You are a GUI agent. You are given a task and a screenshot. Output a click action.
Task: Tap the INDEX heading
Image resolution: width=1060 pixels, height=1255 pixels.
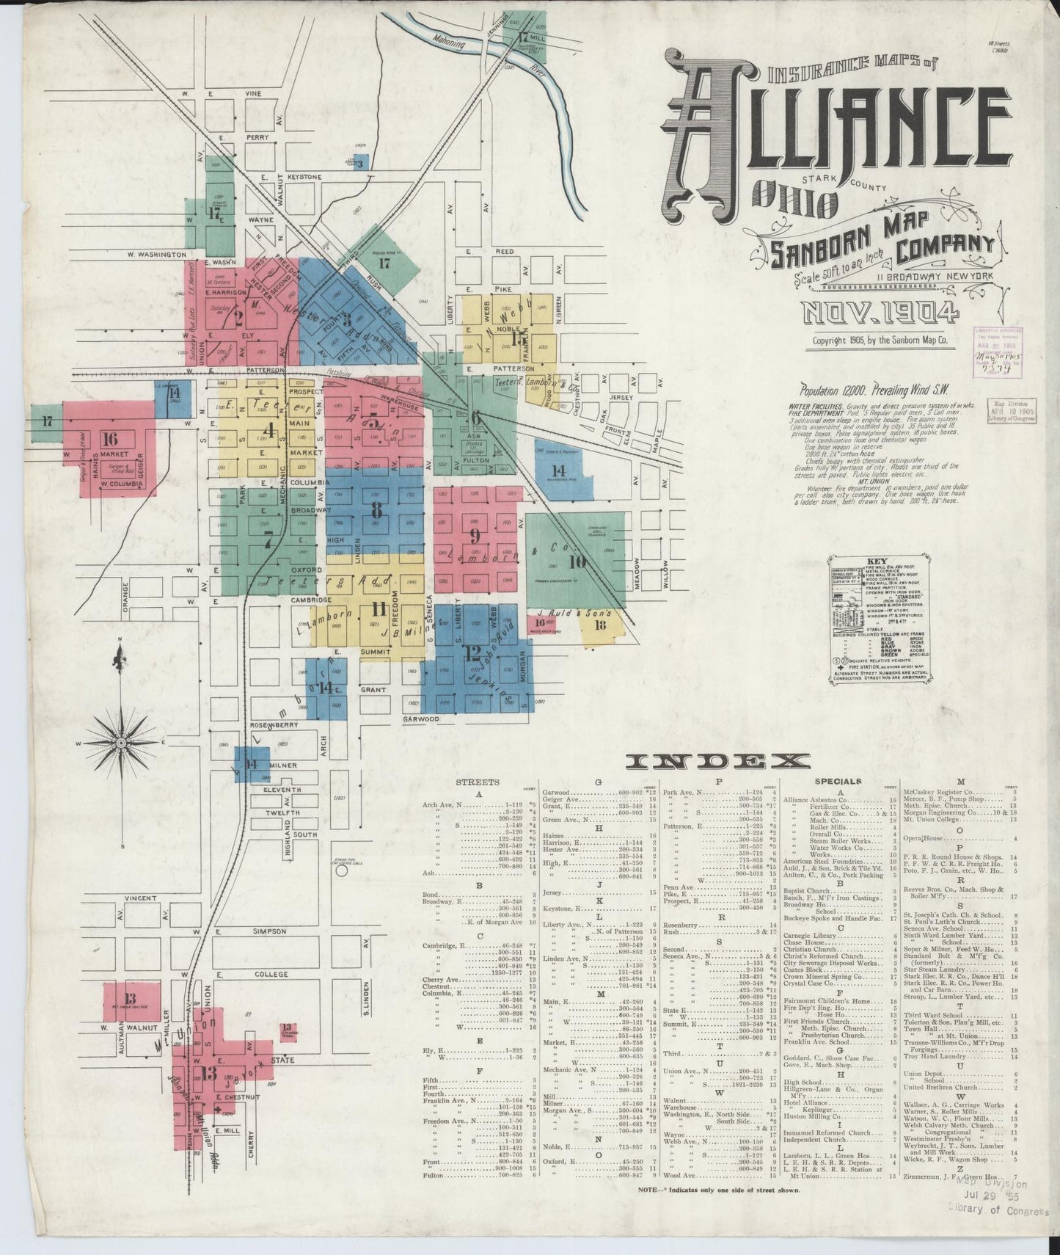pyautogui.click(x=718, y=762)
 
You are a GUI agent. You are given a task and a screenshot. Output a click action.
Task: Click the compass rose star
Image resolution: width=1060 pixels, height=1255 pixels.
pyautogui.click(x=120, y=743)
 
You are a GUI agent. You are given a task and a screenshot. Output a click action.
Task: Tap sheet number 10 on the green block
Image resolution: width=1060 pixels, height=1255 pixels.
pyautogui.click(x=577, y=562)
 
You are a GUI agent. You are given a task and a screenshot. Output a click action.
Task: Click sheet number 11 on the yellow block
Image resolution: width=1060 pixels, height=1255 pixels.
pyautogui.click(x=379, y=609)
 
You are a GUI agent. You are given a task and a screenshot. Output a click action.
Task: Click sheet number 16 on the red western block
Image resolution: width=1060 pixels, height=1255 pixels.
pyautogui.click(x=110, y=440)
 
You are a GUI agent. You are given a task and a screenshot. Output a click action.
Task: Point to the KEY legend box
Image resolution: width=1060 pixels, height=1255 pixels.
pyautogui.click(x=879, y=621)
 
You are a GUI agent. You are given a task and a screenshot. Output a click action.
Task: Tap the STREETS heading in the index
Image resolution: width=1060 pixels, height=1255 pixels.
pyautogui.click(x=477, y=782)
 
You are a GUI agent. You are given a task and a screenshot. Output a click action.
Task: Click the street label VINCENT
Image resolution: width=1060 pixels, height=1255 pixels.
pyautogui.click(x=140, y=898)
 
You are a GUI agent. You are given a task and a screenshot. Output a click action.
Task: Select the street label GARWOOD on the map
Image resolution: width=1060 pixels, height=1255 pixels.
pyautogui.click(x=420, y=719)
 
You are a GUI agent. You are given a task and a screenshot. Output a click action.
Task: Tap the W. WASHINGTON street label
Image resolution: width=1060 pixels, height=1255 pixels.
pyautogui.click(x=156, y=254)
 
